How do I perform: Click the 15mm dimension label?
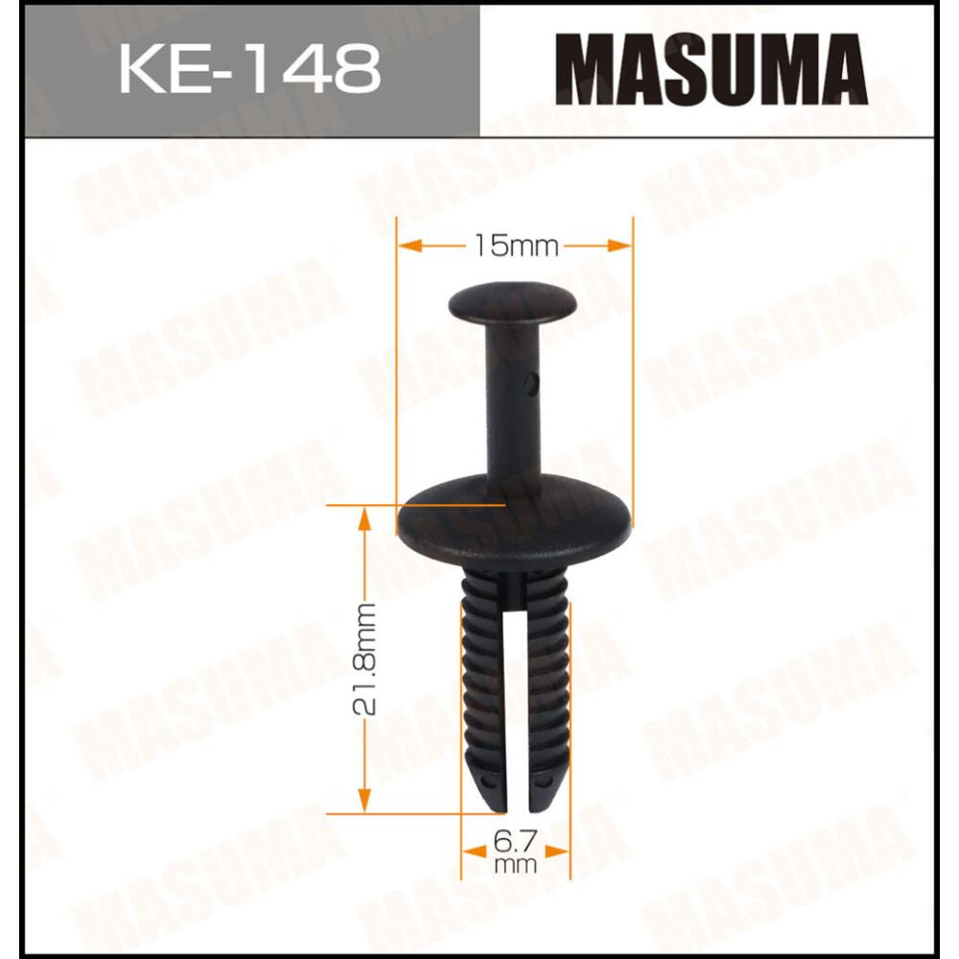point(515,246)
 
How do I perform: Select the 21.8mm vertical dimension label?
point(365,661)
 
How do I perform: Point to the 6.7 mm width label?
point(516,850)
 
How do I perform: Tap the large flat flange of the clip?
point(514,523)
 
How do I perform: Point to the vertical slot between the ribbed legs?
point(516,700)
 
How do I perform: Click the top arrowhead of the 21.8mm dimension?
point(365,519)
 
